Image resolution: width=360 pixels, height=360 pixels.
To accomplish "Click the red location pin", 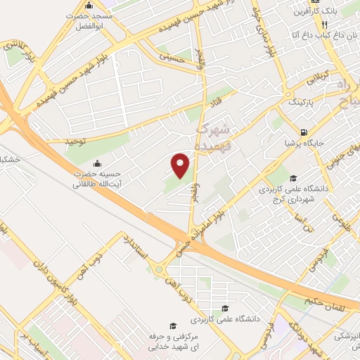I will click(181, 165).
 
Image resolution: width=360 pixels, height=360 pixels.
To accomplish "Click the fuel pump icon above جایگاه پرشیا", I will click(304, 131).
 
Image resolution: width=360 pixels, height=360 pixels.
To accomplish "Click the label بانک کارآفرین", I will click(335, 11).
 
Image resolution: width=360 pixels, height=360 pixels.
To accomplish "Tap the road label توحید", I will click(76, 141).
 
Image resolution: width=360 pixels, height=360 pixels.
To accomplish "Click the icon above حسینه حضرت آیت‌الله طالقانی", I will click(96, 164).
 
